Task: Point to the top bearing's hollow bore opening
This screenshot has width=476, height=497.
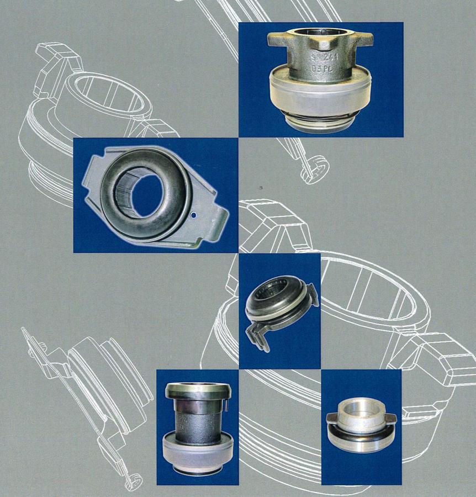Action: click(320, 32)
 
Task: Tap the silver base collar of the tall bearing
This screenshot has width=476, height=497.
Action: click(197, 450)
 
